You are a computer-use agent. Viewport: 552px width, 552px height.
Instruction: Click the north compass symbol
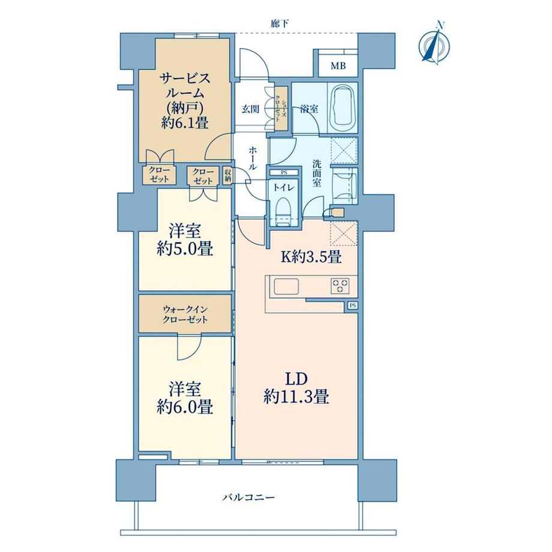(436, 44)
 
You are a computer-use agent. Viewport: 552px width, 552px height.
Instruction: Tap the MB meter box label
(338, 65)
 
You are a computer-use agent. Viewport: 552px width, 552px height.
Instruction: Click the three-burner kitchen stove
(340, 285)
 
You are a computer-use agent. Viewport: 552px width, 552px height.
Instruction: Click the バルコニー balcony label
(248, 497)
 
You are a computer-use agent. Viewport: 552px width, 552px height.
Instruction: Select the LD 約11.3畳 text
(296, 388)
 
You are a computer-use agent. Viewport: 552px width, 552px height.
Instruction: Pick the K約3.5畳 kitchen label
(311, 257)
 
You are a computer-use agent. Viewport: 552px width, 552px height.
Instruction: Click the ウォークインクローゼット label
(185, 314)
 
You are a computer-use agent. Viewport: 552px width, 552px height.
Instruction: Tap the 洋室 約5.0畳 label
(185, 240)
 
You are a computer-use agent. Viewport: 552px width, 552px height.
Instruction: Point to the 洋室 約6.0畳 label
(185, 398)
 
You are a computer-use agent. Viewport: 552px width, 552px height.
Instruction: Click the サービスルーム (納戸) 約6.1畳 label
(185, 100)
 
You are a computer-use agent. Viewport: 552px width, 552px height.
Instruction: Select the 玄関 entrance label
(250, 109)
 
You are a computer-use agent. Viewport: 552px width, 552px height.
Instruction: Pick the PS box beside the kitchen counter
(352, 305)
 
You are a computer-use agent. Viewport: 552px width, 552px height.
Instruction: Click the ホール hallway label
(253, 159)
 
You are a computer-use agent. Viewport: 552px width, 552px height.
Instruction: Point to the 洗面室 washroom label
(317, 173)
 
